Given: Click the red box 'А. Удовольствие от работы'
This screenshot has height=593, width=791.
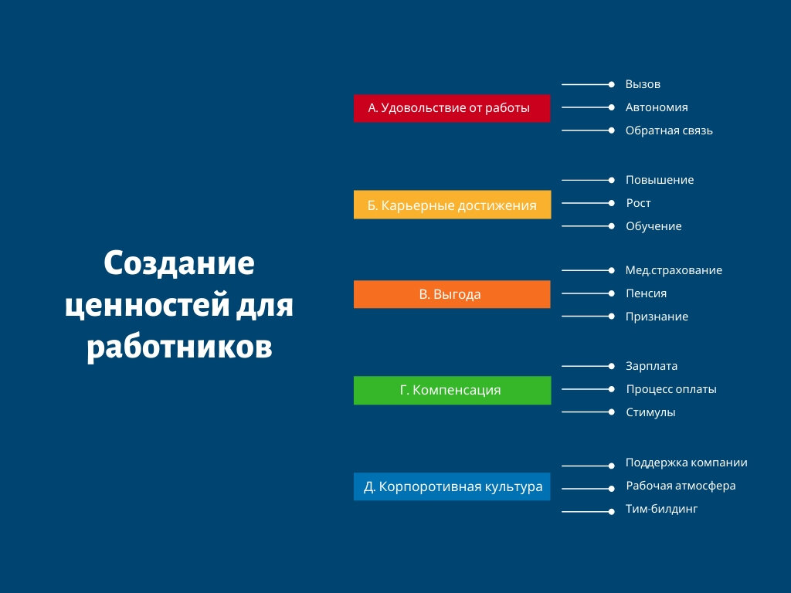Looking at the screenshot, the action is (x=451, y=108).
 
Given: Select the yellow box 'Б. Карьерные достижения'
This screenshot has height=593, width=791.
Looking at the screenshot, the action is (x=452, y=205).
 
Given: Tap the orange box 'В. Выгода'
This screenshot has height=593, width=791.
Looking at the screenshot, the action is (x=451, y=294).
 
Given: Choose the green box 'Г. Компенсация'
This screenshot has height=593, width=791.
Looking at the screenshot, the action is (x=452, y=390).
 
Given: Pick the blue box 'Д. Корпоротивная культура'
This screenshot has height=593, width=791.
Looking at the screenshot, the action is (x=451, y=486).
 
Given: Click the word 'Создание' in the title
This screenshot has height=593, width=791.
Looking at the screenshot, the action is (x=179, y=263).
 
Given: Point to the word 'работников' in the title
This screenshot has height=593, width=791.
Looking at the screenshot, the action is (x=179, y=347).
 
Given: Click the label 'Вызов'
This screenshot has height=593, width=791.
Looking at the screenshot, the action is (x=643, y=84).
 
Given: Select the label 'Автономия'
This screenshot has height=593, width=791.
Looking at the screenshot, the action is (x=657, y=107).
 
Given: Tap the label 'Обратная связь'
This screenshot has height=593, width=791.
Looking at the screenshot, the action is (x=669, y=130).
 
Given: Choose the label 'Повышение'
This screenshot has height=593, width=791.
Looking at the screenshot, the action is (x=660, y=180).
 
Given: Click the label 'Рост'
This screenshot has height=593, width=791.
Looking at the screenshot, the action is (x=638, y=203).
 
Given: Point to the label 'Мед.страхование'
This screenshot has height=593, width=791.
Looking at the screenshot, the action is (x=674, y=270).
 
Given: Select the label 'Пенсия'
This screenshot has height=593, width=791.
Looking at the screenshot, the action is (x=646, y=293).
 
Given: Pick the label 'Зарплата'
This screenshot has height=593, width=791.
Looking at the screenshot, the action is (x=651, y=366).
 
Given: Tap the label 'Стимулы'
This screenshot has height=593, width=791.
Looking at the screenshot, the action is (x=650, y=412).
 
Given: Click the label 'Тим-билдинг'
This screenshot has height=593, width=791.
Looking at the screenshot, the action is (x=661, y=510).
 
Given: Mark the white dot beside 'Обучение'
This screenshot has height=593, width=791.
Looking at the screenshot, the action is (x=612, y=226).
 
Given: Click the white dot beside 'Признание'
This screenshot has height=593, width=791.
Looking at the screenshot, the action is (x=612, y=317).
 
